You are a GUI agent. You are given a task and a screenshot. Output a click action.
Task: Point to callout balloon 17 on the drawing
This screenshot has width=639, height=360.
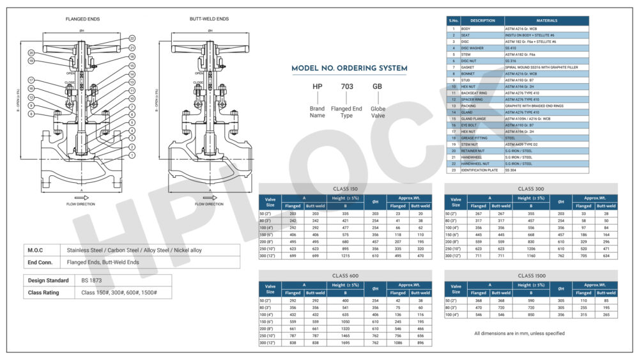(30, 81)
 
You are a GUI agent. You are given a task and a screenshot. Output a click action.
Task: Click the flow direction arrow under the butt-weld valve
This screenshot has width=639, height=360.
(209, 198)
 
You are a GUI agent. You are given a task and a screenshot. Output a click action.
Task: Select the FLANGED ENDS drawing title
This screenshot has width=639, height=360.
(83, 19)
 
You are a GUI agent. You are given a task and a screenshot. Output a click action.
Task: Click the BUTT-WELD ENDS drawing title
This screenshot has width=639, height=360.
(209, 19)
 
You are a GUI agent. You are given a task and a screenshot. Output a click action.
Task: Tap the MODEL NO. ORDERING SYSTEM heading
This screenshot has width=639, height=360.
(349, 68)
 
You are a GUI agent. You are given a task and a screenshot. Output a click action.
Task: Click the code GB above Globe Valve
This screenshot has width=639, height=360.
(378, 86)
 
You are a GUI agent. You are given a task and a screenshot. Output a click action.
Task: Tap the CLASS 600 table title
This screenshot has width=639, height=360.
(345, 276)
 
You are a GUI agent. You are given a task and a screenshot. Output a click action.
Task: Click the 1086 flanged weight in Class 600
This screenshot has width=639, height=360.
(398, 343)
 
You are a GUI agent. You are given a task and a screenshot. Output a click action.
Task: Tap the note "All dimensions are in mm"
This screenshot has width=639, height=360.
(520, 333)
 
